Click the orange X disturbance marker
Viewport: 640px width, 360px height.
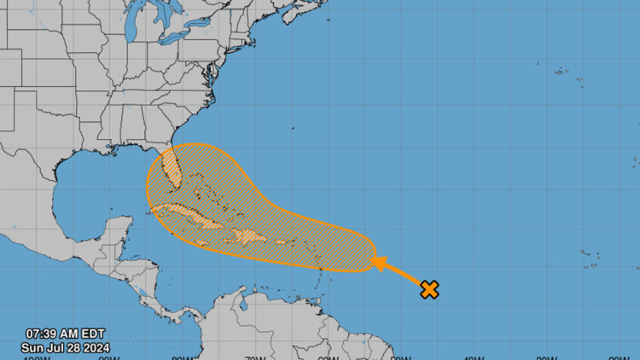429,289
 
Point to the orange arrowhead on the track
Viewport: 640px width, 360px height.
376,262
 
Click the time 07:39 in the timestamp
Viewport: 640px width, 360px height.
42,334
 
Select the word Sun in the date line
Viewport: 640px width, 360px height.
35,347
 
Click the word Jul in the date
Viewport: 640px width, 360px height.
59,347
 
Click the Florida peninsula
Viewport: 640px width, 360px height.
173,171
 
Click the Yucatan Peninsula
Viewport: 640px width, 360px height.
109,235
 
